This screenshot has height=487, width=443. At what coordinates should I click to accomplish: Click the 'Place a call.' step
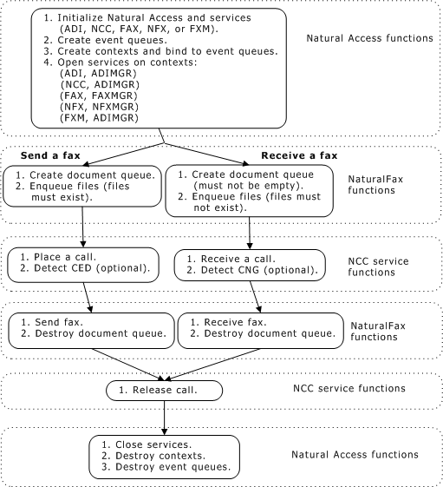(x=64, y=258)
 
